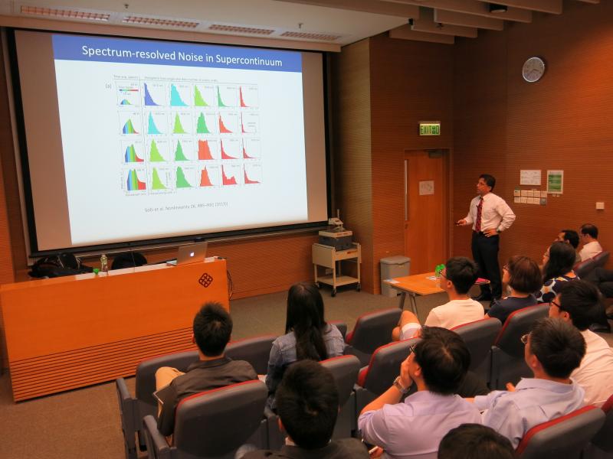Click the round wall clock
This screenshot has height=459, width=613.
(x=533, y=70)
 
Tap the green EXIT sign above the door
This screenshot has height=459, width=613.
(x=430, y=129)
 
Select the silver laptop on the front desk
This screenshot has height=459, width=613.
(x=189, y=253)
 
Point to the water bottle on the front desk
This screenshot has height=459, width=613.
(x=103, y=263)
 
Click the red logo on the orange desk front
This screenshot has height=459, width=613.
(x=205, y=280)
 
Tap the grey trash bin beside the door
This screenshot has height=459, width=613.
(x=395, y=275)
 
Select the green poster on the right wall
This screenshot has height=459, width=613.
(x=555, y=181)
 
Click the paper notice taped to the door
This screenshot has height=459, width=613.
(x=426, y=187)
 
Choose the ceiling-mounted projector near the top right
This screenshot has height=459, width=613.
(x=498, y=8)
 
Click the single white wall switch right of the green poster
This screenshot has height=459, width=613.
(x=600, y=205)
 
